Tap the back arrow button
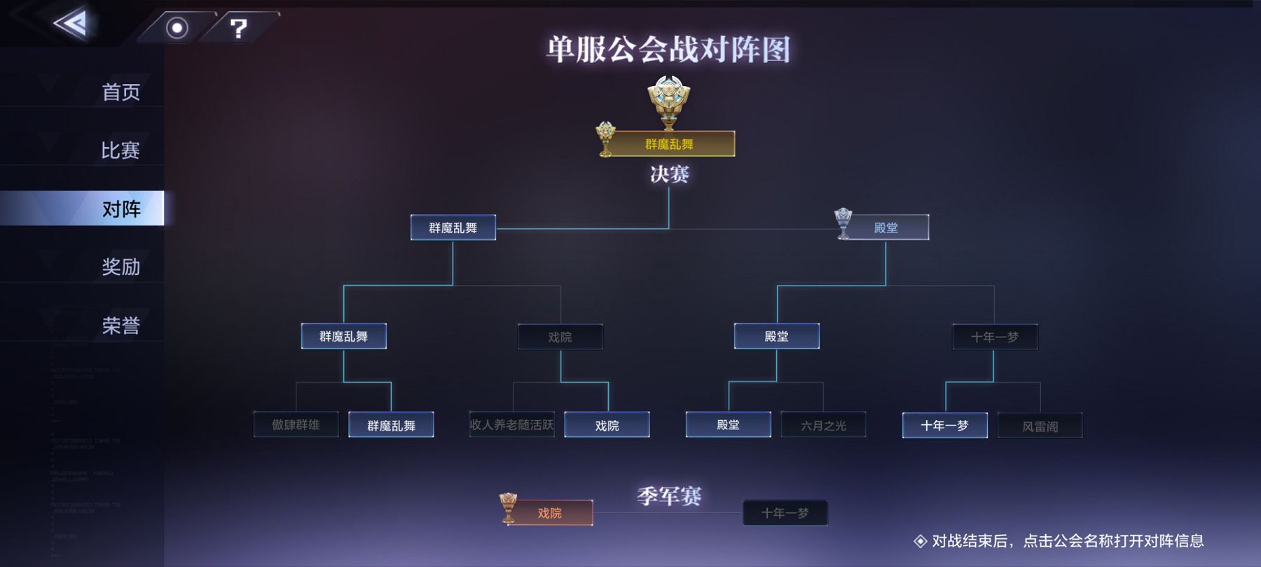click(71, 24)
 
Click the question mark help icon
click(239, 28)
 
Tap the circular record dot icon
click(177, 28)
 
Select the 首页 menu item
click(120, 92)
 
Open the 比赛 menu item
click(120, 150)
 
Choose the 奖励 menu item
click(120, 267)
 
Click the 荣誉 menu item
click(120, 325)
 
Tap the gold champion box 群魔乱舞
click(669, 144)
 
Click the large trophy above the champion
click(669, 100)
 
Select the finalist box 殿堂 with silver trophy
click(886, 227)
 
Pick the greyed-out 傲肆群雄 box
click(296, 425)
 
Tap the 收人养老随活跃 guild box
click(511, 425)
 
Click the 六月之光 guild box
click(823, 425)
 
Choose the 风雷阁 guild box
click(1040, 426)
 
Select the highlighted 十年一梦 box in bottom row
click(944, 425)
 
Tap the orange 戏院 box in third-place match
click(550, 513)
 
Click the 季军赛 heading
click(669, 496)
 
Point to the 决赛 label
click(669, 174)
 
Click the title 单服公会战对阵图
click(668, 50)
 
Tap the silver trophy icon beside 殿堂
click(843, 222)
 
